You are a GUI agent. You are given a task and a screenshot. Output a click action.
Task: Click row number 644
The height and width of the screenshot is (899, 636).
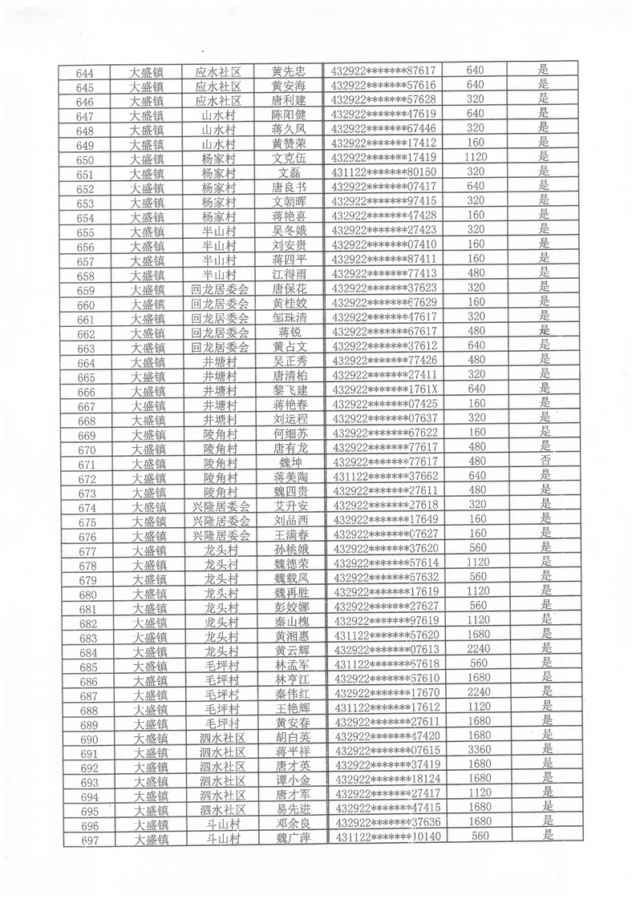(84, 73)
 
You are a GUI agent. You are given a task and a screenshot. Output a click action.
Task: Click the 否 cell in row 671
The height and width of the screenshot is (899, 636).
(545, 462)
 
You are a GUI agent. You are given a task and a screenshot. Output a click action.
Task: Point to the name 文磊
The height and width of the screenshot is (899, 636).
(289, 172)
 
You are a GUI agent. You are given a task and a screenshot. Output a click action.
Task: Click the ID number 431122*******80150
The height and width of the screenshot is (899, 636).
(383, 172)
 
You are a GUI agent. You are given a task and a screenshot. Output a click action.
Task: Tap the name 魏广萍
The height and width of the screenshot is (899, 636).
(292, 837)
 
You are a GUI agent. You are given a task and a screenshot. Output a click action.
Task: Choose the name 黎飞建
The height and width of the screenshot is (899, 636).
(290, 390)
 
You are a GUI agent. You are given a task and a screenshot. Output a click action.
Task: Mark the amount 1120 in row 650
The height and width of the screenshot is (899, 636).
(476, 158)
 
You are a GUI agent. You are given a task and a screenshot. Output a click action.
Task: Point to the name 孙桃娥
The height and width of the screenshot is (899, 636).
(290, 549)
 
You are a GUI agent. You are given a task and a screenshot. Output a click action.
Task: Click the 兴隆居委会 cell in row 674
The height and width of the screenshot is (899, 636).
(221, 506)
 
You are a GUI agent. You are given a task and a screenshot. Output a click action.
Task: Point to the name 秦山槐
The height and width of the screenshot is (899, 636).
(291, 621)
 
